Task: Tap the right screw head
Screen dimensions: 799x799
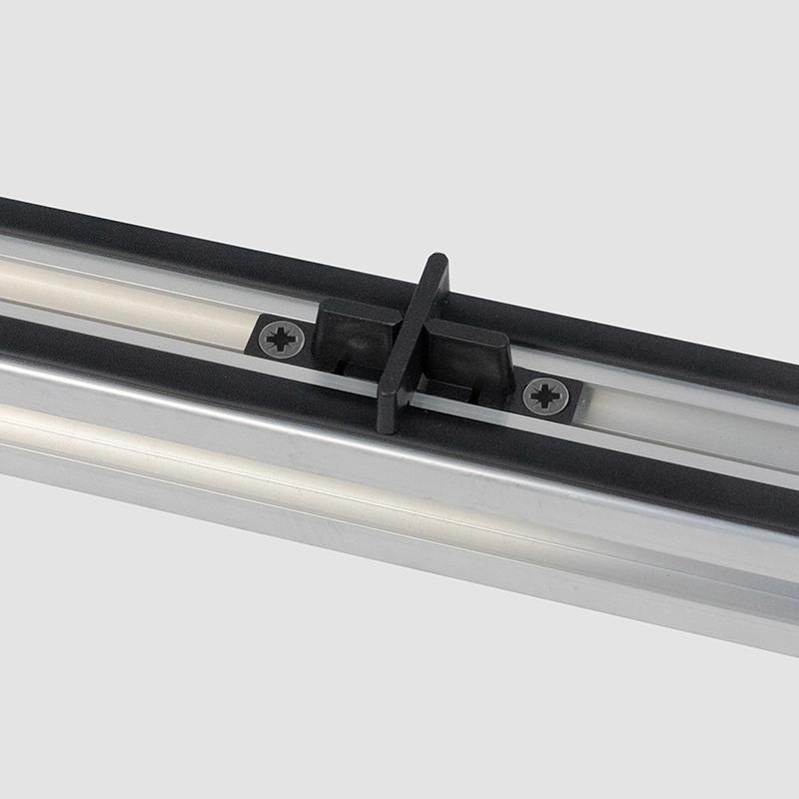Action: coord(545,397)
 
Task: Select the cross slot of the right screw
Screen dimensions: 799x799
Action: coord(545,397)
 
